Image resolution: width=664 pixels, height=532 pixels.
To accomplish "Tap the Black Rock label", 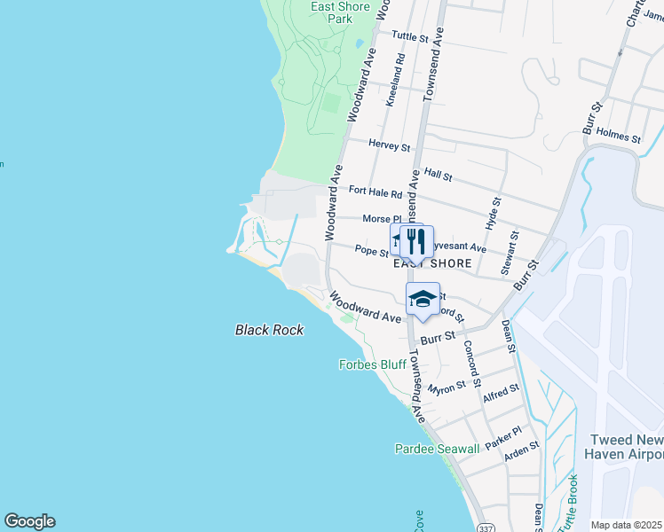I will (x=269, y=330).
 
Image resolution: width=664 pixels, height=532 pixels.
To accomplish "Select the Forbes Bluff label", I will (x=373, y=364).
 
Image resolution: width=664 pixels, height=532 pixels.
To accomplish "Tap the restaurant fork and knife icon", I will (x=415, y=241).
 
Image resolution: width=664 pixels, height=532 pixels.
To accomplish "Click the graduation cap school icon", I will (x=423, y=300).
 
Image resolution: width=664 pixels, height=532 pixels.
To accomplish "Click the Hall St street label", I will (x=439, y=176).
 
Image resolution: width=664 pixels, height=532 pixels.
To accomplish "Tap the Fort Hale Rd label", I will (x=375, y=192).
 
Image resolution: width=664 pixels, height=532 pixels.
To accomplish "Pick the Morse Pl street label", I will (x=383, y=219).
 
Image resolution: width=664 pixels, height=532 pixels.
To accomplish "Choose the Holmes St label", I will (x=619, y=136).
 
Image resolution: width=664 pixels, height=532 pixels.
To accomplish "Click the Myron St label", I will (x=447, y=388).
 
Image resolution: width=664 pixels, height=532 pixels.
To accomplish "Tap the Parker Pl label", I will (x=503, y=437).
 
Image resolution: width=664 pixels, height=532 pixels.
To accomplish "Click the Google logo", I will (x=30, y=521).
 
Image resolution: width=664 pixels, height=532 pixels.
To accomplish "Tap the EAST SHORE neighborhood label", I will (x=432, y=263).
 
